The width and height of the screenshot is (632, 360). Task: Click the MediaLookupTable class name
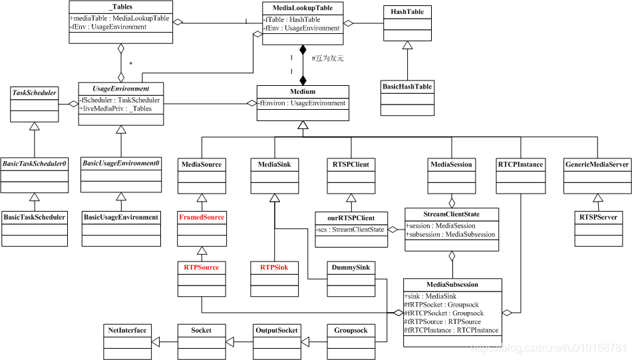(x=303, y=8)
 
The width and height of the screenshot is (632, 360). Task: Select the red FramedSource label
(x=201, y=217)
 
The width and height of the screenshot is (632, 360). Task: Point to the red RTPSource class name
(x=201, y=267)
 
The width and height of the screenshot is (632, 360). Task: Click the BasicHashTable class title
(x=406, y=87)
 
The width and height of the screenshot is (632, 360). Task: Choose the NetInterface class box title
(x=127, y=330)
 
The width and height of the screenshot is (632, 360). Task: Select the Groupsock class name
(x=351, y=330)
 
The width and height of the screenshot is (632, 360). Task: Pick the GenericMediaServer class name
(x=595, y=164)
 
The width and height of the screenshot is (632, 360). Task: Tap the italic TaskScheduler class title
(x=35, y=92)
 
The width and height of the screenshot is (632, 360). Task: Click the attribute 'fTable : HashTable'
(x=293, y=20)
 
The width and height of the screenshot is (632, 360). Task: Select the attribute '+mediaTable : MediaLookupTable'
(x=120, y=18)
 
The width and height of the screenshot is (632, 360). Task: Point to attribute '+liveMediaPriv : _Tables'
(x=116, y=108)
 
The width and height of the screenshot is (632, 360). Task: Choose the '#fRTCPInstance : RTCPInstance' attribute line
(x=451, y=330)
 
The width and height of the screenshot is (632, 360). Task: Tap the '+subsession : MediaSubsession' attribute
(x=450, y=234)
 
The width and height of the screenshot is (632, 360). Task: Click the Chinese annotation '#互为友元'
(x=327, y=58)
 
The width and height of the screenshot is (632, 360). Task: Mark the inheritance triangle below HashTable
(x=406, y=45)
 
